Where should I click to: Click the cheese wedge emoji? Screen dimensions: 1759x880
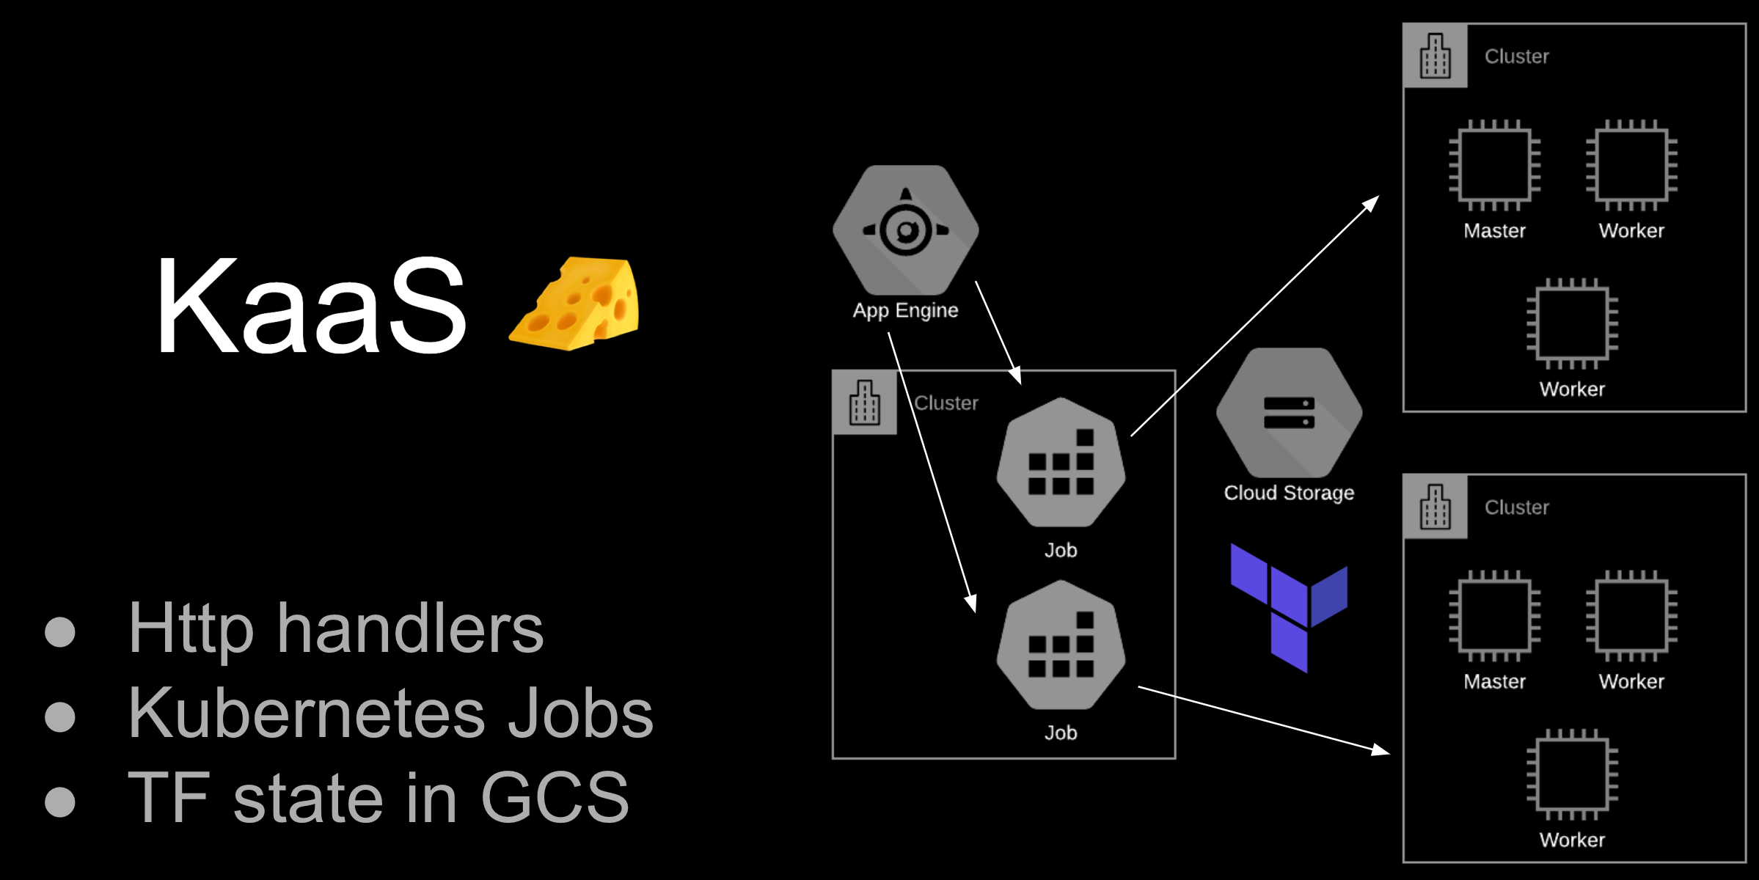(x=577, y=304)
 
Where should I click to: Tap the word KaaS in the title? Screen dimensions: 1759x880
(x=311, y=305)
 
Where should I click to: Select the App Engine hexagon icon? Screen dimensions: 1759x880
(x=906, y=230)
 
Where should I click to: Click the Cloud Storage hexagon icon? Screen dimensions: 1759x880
(x=1289, y=413)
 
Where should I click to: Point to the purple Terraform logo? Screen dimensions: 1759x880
(x=1289, y=608)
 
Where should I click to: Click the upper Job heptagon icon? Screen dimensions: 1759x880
(x=1061, y=463)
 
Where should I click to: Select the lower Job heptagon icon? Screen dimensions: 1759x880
(x=1061, y=645)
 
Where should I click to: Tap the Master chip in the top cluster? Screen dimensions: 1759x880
(x=1494, y=165)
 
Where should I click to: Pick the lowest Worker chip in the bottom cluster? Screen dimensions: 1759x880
(x=1572, y=774)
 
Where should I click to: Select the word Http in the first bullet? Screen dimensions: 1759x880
(x=191, y=629)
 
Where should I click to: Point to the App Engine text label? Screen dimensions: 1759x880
(x=905, y=311)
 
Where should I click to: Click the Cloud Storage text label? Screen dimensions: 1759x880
(x=1289, y=493)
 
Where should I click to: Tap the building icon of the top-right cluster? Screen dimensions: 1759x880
(x=1435, y=56)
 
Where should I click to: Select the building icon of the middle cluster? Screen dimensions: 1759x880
(x=864, y=403)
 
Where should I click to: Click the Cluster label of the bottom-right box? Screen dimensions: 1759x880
(x=1516, y=507)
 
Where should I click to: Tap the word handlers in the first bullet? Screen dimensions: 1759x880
(x=410, y=629)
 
